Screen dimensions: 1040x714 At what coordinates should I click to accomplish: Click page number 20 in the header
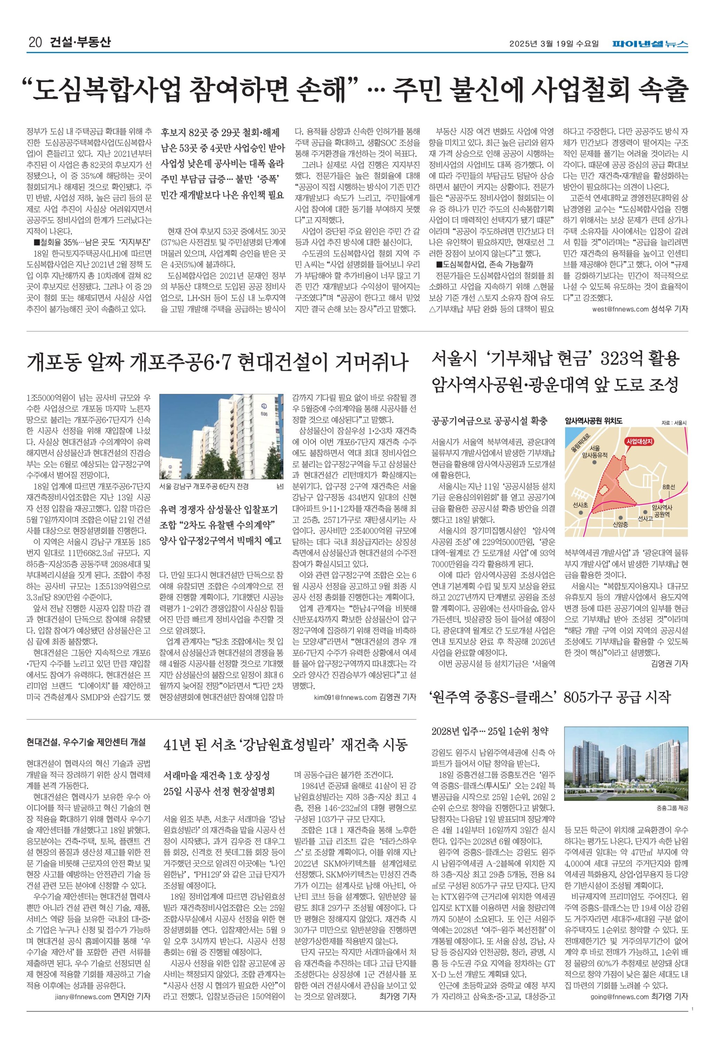pyautogui.click(x=35, y=43)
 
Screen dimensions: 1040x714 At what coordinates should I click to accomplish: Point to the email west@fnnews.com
pyautogui.click(x=620, y=309)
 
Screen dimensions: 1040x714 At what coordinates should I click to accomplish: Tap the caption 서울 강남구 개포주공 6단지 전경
pyautogui.click(x=204, y=487)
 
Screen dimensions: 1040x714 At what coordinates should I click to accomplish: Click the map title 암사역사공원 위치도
pyautogui.click(x=593, y=421)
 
